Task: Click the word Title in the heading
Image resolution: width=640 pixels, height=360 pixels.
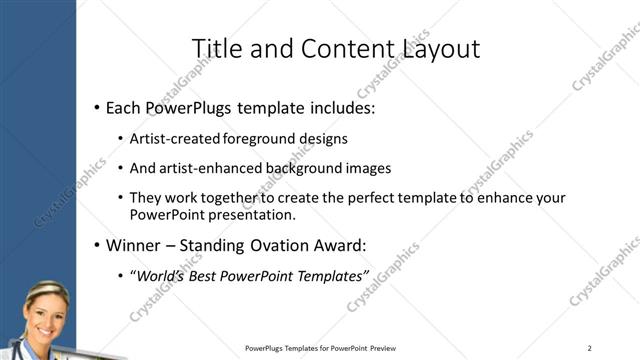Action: (213, 48)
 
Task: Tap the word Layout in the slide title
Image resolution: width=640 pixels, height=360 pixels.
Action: (436, 48)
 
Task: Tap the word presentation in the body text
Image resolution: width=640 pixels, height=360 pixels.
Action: (254, 214)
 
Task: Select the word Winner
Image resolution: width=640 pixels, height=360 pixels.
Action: (136, 244)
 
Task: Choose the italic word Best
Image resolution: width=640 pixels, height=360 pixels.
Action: (214, 275)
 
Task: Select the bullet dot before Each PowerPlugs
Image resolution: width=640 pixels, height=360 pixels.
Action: (96, 107)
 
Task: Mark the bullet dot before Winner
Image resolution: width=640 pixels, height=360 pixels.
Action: (96, 245)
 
